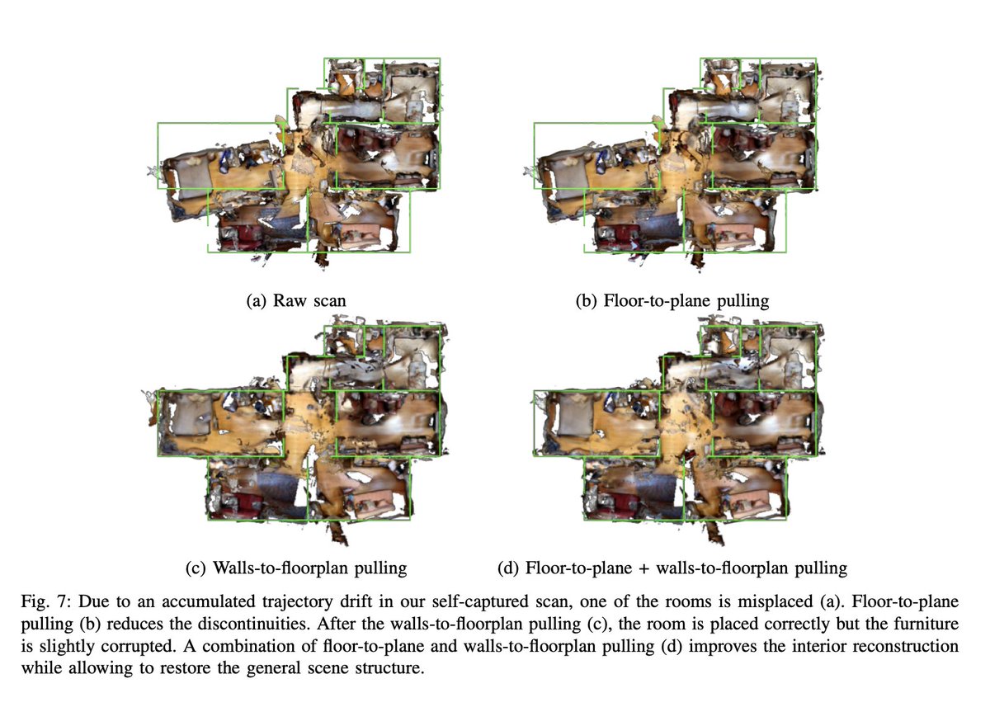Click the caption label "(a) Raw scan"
pyautogui.click(x=296, y=301)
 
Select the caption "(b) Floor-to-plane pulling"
pyautogui.click(x=672, y=301)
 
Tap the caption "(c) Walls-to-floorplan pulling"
pyautogui.click(x=296, y=568)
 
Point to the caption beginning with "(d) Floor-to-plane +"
pyautogui.click(x=672, y=568)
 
